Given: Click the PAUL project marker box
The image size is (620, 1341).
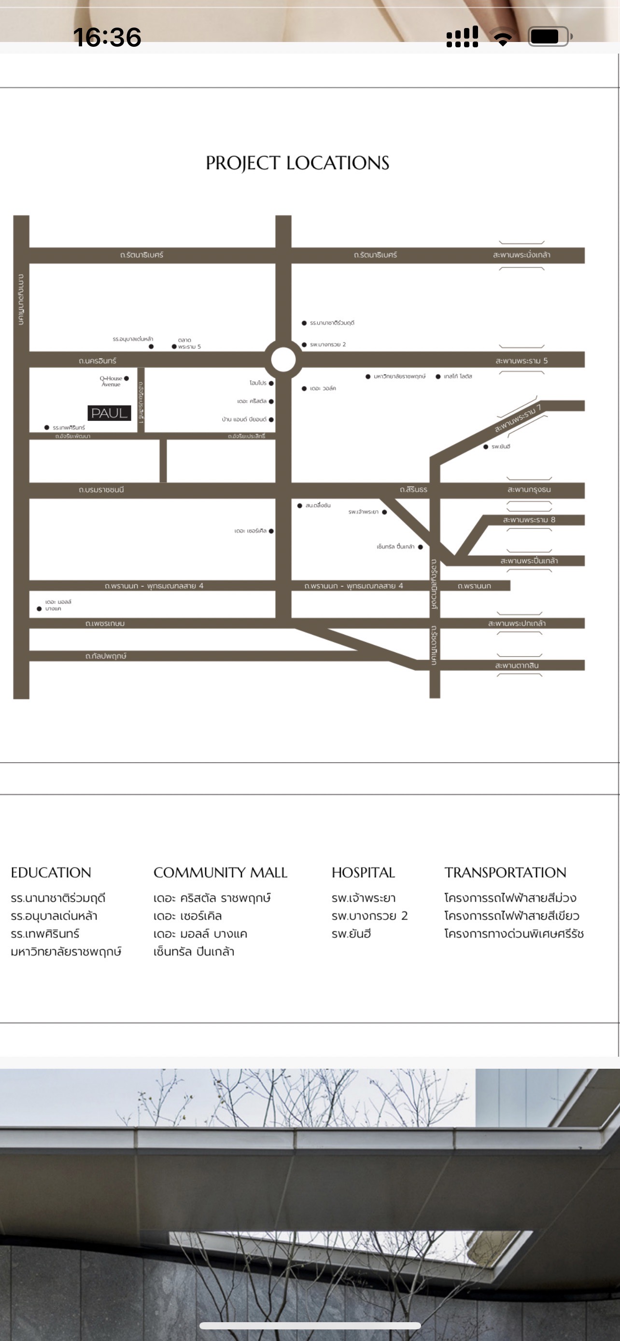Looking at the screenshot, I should [x=109, y=413].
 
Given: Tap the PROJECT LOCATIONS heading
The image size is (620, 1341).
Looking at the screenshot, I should [x=297, y=163].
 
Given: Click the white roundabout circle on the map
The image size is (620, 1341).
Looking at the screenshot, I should [x=283, y=359].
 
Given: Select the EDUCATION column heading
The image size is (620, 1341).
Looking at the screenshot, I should [x=51, y=872].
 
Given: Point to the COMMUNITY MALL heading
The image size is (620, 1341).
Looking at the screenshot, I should [x=220, y=872].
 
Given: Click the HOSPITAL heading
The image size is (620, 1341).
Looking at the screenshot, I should [x=364, y=872].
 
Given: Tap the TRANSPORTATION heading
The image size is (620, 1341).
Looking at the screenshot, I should [x=505, y=872].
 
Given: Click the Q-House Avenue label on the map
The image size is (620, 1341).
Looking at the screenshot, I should [x=111, y=381].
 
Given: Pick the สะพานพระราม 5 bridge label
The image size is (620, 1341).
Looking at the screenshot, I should [x=521, y=361].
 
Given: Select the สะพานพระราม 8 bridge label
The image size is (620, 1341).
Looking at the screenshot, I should [x=529, y=519].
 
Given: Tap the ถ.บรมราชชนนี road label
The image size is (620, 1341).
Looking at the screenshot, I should [x=101, y=490].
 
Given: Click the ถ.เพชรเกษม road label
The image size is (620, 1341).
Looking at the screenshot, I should [x=105, y=623].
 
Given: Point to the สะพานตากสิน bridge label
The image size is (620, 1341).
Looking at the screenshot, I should [x=517, y=665].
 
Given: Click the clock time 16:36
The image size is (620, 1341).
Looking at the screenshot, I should [x=107, y=37].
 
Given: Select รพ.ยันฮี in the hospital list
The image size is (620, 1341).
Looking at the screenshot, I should [x=352, y=934].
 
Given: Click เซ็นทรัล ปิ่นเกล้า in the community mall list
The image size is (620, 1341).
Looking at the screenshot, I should [x=194, y=951].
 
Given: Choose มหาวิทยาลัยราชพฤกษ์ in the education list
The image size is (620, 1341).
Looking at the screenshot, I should [x=66, y=951].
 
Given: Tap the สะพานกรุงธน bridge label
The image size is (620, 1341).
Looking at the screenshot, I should [x=529, y=490].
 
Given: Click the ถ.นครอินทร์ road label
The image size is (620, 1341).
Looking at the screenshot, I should [x=98, y=361].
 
